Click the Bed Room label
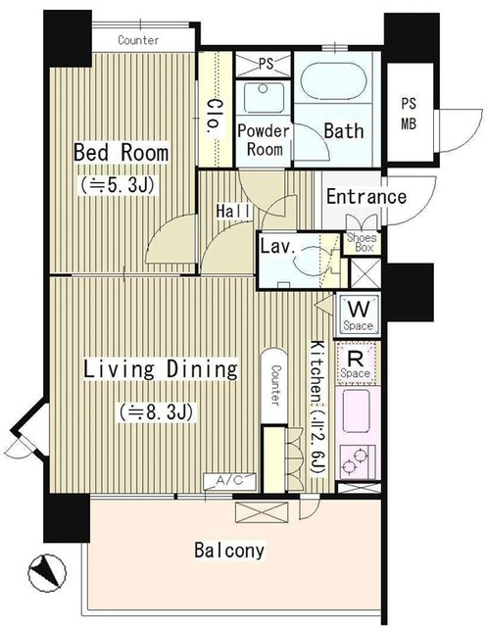(x=121, y=153)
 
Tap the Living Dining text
(x=161, y=369)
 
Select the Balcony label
(x=229, y=551)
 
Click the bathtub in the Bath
(x=333, y=80)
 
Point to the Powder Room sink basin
(x=263, y=97)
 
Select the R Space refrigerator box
(x=356, y=363)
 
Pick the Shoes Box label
(x=362, y=242)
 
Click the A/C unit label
(x=229, y=481)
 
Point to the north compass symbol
(x=47, y=573)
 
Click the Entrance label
(x=366, y=197)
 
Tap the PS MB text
(x=409, y=114)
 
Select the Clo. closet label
(x=213, y=117)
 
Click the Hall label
(x=233, y=211)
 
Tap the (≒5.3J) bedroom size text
(x=118, y=185)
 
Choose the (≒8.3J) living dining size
(x=157, y=412)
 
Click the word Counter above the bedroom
(x=138, y=40)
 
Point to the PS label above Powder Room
(x=266, y=64)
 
